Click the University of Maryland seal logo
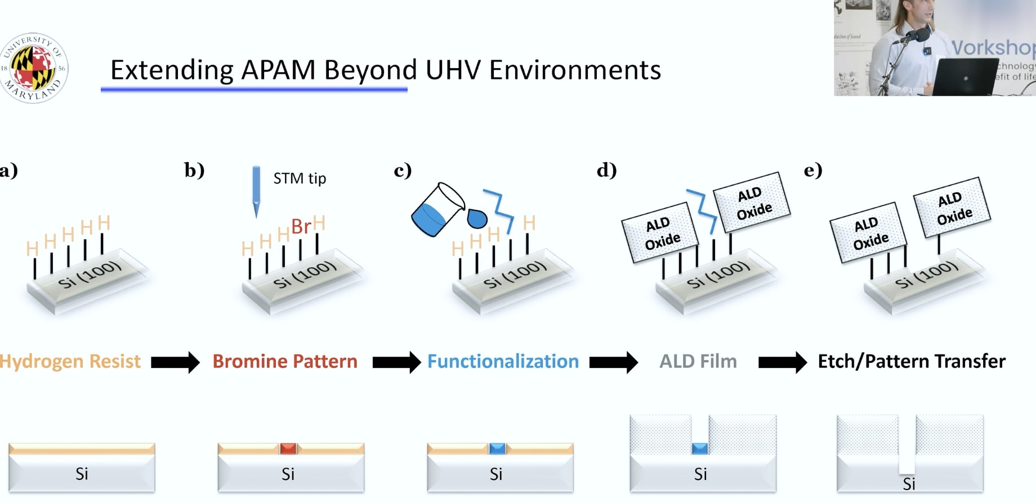point(34,68)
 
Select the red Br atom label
point(301,226)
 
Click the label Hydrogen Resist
point(70,361)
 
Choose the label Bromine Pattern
point(285,361)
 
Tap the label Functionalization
point(503,361)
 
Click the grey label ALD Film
point(698,361)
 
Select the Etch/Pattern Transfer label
point(911,361)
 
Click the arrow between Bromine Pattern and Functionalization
point(396,362)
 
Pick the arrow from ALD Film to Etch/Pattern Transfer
point(782,362)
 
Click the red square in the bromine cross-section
point(288,448)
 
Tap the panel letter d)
point(606,170)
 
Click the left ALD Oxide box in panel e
point(868,232)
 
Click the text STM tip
point(300,178)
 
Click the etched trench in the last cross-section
point(906,444)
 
